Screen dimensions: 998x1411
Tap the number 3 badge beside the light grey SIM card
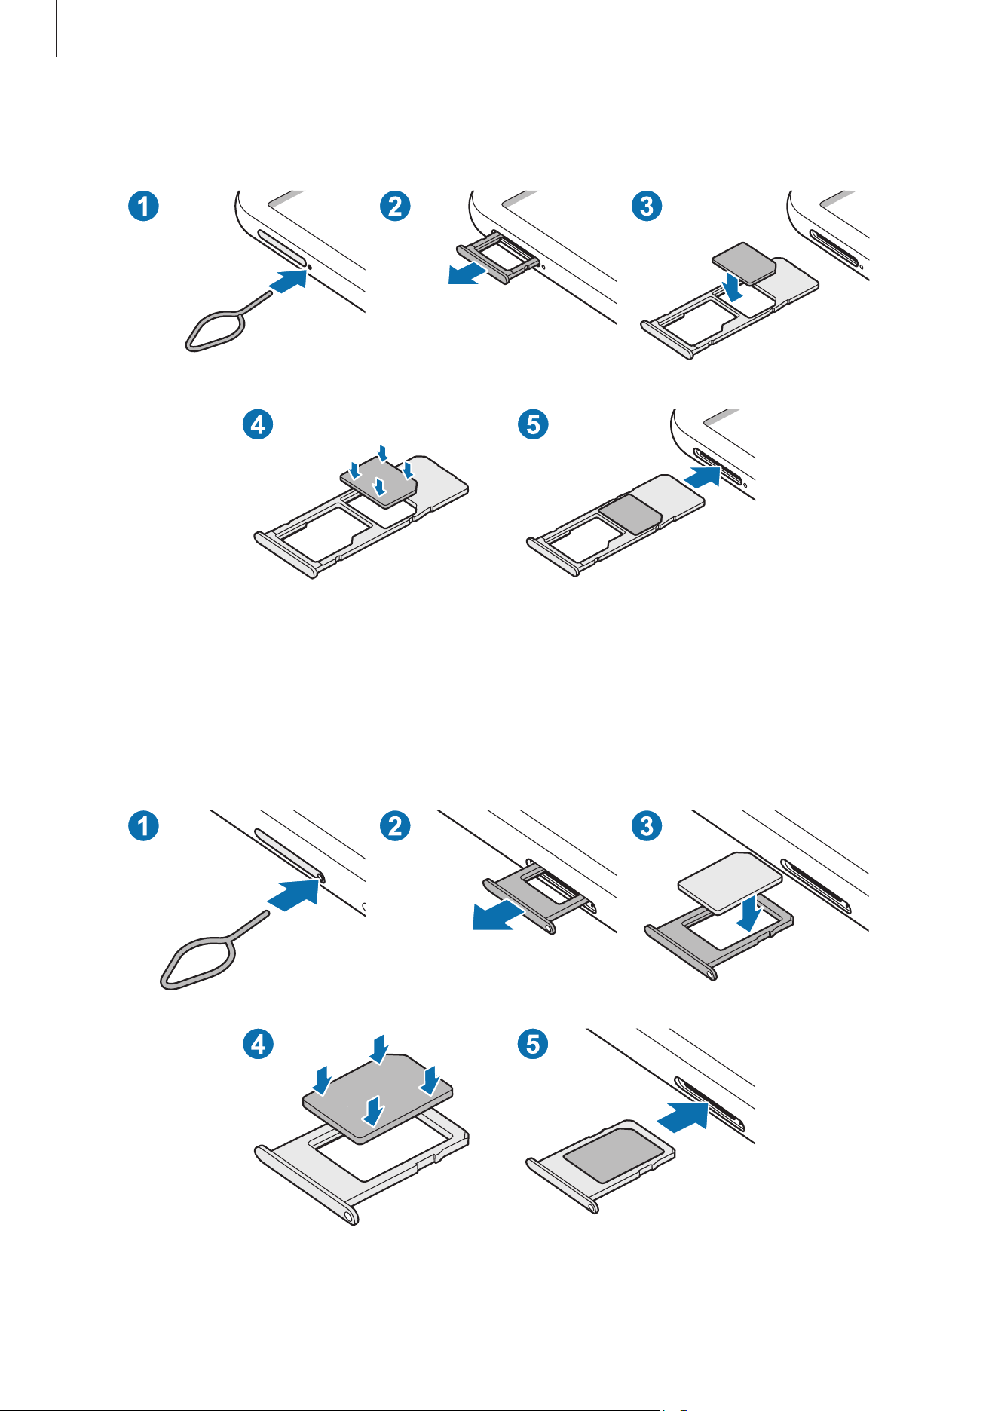click(647, 825)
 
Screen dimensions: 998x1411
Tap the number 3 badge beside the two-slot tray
click(647, 205)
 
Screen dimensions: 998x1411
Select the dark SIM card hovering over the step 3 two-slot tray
click(744, 262)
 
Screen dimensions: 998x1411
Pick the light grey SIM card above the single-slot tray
click(730, 881)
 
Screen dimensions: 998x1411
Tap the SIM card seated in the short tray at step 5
click(619, 1154)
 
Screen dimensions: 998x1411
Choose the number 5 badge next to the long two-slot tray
click(533, 424)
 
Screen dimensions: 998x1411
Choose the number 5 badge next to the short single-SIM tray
click(533, 1044)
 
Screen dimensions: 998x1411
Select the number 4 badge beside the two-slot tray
click(258, 424)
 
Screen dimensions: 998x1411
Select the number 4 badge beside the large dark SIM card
click(258, 1044)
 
